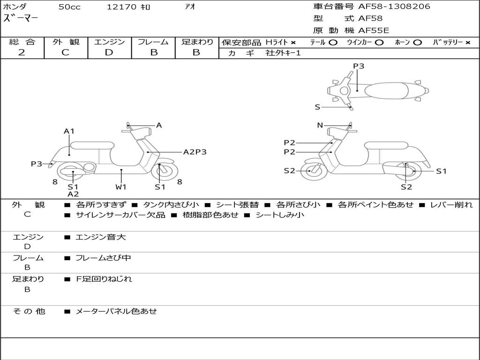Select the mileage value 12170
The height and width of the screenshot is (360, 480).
tap(122, 7)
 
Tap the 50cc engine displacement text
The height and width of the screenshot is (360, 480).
tap(69, 7)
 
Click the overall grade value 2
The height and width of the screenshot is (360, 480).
tap(22, 52)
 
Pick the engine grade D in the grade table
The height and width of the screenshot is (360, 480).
tap(109, 52)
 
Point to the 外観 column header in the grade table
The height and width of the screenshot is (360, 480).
tap(66, 42)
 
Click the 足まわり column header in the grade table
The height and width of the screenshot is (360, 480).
tap(197, 42)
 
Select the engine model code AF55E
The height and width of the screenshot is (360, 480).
tap(374, 30)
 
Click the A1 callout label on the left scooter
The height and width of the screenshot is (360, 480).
tap(69, 131)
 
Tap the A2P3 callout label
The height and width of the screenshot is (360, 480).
tap(195, 151)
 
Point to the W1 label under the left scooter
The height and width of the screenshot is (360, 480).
tap(121, 187)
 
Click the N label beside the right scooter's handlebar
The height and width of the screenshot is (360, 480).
tap(320, 125)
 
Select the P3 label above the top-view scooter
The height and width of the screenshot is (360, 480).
tap(359, 66)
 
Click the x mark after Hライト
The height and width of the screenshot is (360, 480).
tap(293, 43)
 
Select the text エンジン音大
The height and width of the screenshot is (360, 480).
tap(101, 237)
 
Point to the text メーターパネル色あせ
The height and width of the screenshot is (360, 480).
tap(116, 311)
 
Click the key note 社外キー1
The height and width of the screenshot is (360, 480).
tap(283, 53)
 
